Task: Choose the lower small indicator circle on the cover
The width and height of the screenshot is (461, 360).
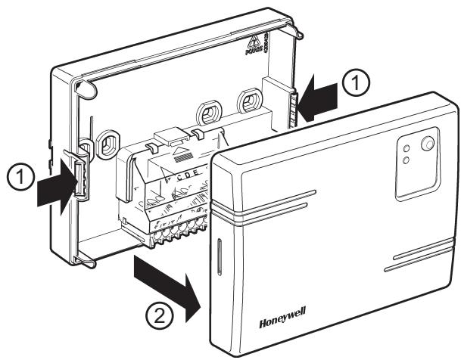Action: click(406, 160)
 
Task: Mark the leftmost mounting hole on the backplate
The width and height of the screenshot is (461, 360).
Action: click(107, 143)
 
